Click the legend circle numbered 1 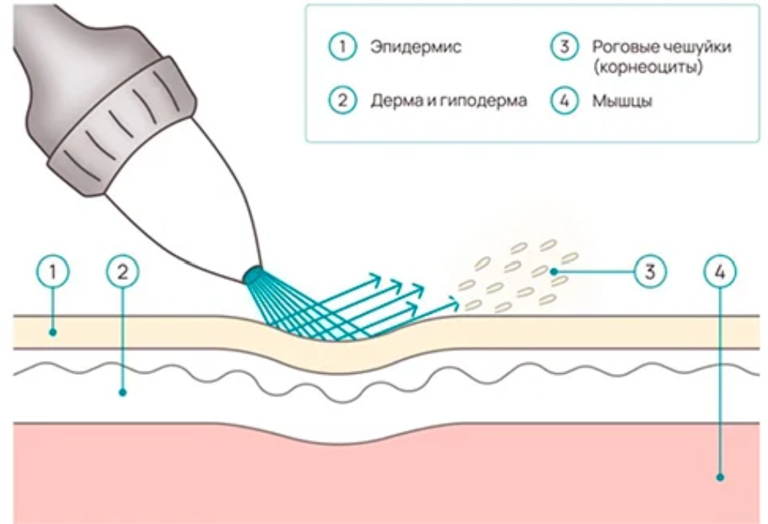342,46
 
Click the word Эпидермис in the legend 415,47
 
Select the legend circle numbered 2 342,100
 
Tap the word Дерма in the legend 394,101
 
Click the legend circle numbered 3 565,46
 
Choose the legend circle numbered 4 565,100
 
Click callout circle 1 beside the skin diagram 53,271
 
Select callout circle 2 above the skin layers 123,271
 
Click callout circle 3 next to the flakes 650,271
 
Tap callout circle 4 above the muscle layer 720,271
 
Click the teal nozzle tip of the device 253,276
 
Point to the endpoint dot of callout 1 53,333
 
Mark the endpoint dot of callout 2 123,392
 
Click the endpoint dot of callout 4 720,477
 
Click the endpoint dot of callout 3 553,271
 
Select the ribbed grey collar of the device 122,126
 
